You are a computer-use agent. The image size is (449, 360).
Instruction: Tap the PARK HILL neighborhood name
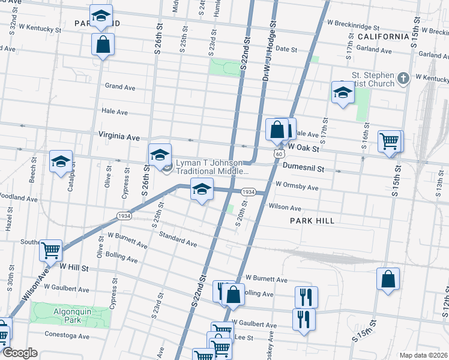click(312, 221)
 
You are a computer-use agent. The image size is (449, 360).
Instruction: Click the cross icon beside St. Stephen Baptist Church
click(403, 78)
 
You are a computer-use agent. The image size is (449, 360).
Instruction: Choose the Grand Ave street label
click(120, 87)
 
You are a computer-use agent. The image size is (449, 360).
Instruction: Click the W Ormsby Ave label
click(297, 187)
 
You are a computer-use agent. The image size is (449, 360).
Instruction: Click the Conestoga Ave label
click(67, 335)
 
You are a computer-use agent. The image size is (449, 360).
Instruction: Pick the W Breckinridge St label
click(354, 26)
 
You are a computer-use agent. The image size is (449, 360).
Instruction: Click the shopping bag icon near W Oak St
click(277, 130)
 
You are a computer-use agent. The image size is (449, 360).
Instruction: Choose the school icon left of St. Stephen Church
click(343, 92)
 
